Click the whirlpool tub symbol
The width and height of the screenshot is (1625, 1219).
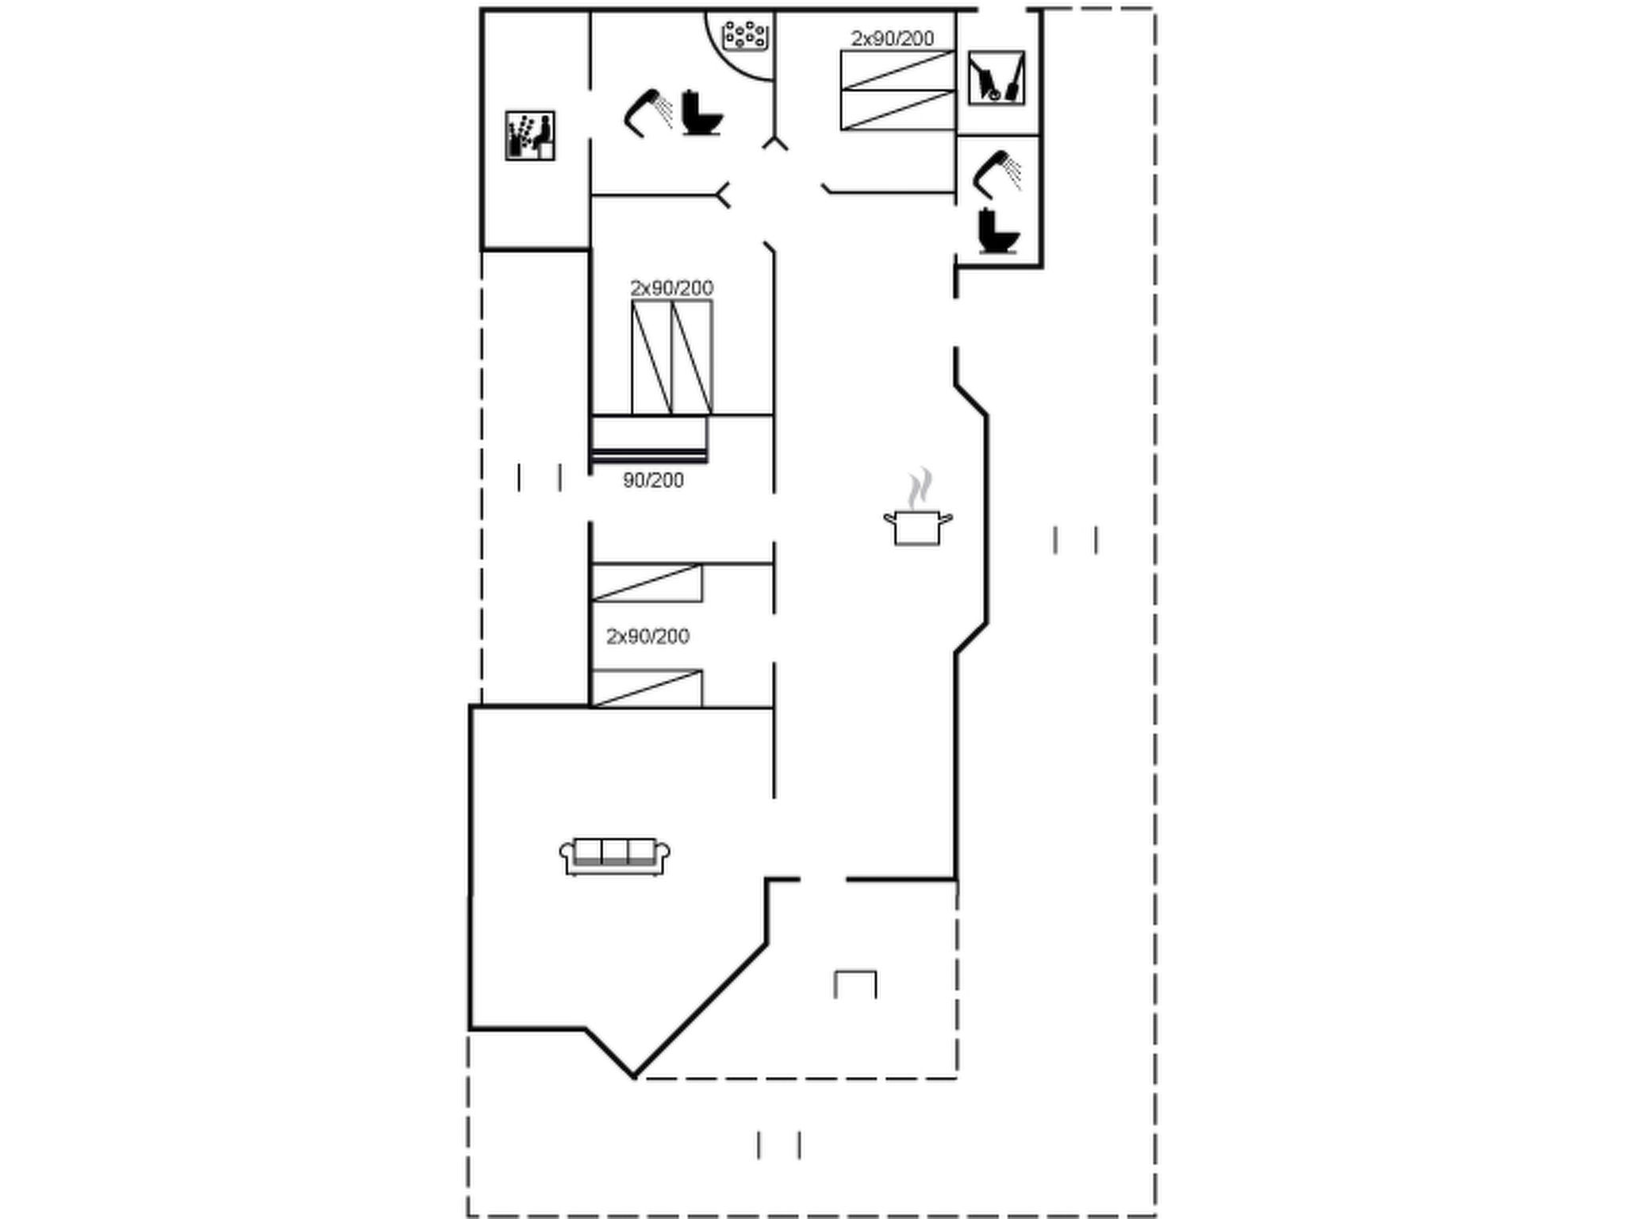tap(744, 35)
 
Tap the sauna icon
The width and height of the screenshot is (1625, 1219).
tap(530, 136)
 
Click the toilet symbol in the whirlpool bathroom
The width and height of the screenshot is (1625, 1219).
tap(702, 113)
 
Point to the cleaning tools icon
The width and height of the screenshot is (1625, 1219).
tap(997, 78)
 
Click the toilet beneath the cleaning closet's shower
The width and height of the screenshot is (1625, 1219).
tap(997, 231)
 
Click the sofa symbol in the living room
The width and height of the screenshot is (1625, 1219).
tap(615, 856)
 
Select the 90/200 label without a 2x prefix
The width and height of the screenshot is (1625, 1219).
tap(653, 480)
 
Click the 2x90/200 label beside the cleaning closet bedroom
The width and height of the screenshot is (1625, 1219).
tap(892, 38)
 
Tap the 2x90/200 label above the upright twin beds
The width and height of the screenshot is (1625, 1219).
tap(671, 287)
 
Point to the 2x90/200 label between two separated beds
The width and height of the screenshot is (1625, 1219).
tap(647, 636)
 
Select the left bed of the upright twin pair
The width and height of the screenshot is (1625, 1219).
tap(651, 357)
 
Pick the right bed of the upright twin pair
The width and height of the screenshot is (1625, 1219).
tap(692, 357)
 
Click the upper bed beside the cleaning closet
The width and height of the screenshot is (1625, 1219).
tap(897, 70)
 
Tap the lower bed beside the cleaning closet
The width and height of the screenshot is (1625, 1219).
tap(897, 110)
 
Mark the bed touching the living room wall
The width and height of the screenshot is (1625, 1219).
tap(647, 688)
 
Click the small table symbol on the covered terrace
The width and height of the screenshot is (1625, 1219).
tap(855, 984)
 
